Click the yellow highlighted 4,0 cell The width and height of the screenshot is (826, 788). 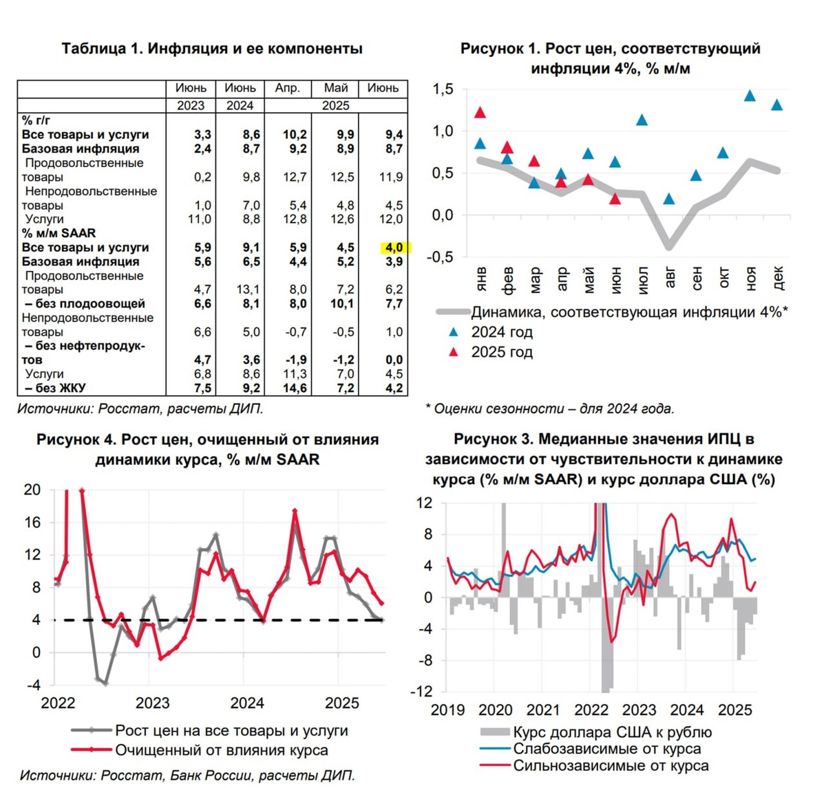click(x=394, y=248)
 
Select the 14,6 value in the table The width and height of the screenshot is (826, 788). click(x=295, y=388)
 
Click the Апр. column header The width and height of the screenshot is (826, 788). click(x=287, y=88)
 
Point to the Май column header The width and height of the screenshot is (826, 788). click(x=336, y=88)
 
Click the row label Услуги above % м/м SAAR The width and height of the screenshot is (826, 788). click(x=44, y=219)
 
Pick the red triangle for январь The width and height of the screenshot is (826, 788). click(x=480, y=113)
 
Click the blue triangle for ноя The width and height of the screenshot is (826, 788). click(x=750, y=96)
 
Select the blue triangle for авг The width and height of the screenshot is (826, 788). click(x=670, y=199)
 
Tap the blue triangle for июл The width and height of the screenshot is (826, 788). click(x=642, y=120)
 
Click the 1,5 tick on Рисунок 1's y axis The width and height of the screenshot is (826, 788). click(x=443, y=89)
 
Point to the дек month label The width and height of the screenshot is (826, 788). click(x=778, y=278)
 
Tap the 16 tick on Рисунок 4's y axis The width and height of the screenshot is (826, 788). click(x=32, y=523)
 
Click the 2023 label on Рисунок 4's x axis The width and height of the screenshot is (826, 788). click(x=152, y=703)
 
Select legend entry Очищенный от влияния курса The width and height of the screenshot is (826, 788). click(x=221, y=750)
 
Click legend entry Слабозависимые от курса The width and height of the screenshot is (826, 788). click(x=606, y=749)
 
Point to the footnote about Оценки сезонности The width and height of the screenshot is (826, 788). click(x=550, y=408)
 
